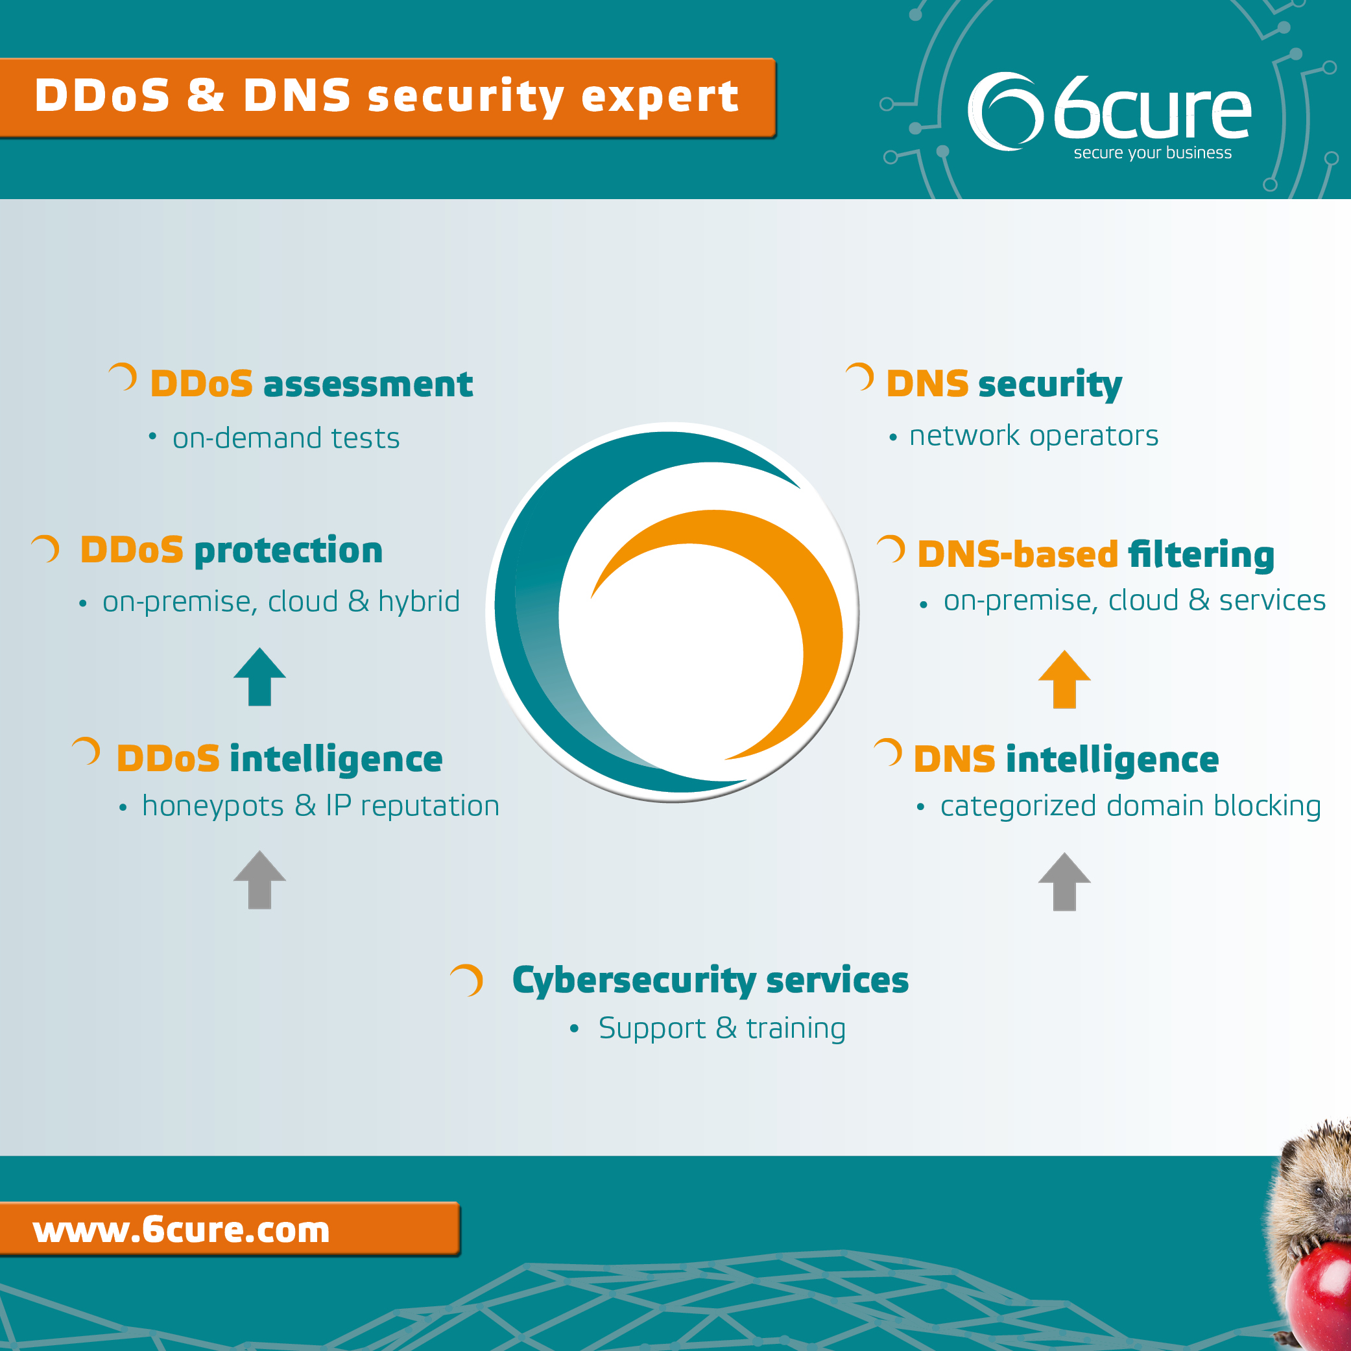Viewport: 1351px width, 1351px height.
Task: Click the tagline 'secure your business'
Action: pos(1153,152)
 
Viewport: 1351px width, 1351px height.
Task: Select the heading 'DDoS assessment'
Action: pos(311,384)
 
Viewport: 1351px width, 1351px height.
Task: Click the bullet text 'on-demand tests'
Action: pos(286,438)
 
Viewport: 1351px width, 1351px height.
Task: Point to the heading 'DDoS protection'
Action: pos(232,551)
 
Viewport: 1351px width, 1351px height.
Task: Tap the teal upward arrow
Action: pos(259,677)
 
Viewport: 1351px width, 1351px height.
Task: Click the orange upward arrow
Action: pos(1064,680)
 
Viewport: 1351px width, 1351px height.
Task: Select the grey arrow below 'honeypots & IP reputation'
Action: pos(259,879)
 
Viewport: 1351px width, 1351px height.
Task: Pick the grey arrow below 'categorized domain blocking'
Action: pos(1064,882)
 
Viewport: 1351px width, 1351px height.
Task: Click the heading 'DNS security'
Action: pos(1004,385)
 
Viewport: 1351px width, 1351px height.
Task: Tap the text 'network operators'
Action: pos(1034,436)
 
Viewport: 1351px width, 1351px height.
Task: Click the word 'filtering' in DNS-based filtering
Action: pos(1201,555)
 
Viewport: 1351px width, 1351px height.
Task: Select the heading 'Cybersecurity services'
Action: pos(710,981)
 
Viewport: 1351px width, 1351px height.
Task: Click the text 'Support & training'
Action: pos(722,1029)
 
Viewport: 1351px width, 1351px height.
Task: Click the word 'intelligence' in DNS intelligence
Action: pos(1112,761)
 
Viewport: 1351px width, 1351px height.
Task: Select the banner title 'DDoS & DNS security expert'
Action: pos(387,96)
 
